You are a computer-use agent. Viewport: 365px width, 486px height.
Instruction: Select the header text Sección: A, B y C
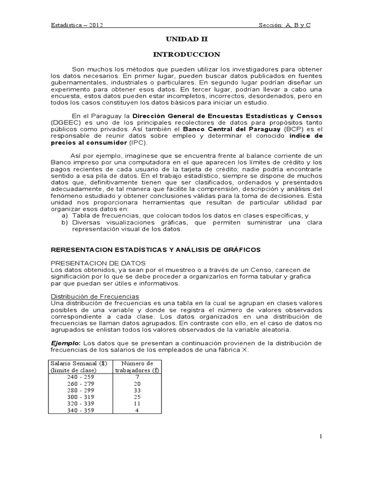coord(284,25)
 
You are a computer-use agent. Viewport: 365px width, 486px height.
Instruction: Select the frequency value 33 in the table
coord(136,391)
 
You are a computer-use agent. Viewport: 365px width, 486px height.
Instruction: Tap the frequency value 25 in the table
coord(136,397)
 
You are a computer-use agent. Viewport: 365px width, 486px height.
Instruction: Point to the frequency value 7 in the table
coord(136,377)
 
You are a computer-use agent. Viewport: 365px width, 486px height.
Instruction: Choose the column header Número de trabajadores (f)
coord(136,367)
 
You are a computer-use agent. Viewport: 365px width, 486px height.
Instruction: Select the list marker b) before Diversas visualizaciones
coord(65,223)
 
